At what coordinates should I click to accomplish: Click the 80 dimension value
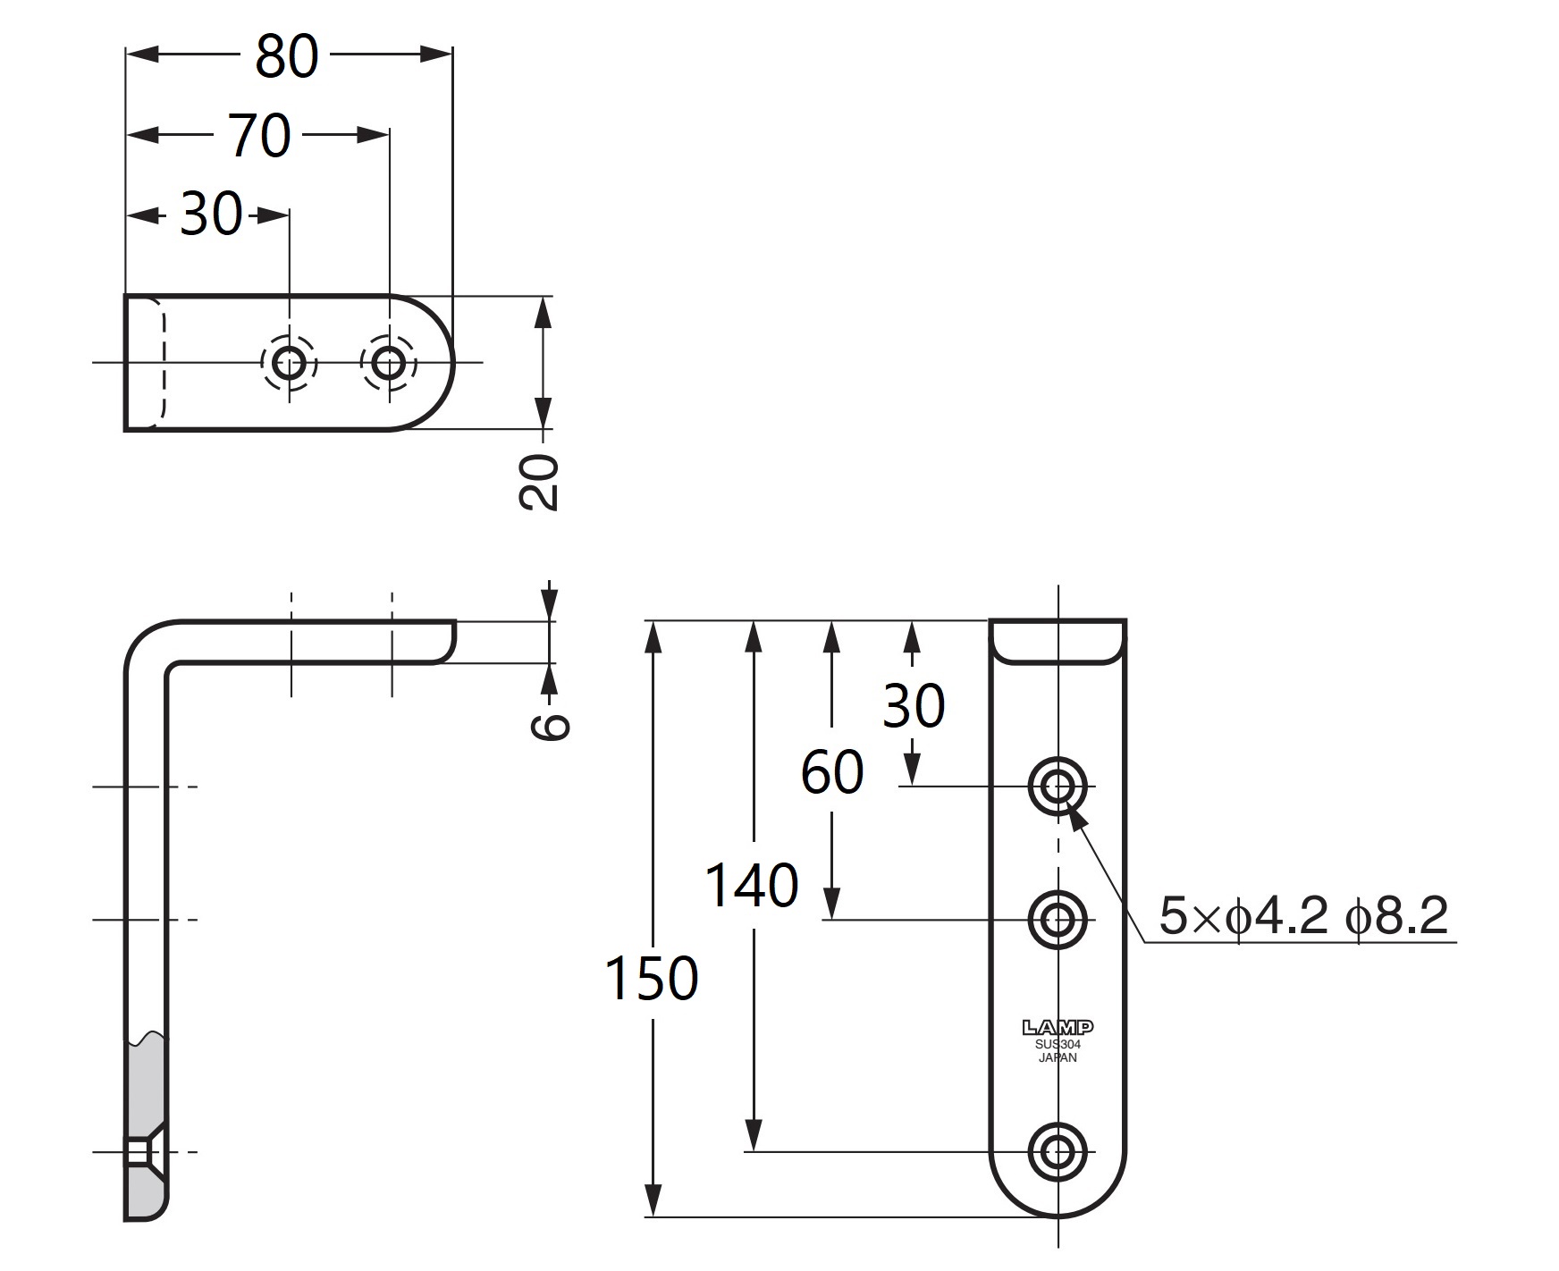tap(286, 56)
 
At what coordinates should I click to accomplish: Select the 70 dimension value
tap(259, 136)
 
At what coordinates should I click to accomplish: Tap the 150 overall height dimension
tap(651, 978)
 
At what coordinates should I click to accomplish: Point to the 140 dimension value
tap(751, 886)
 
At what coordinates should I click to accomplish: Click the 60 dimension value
tap(831, 772)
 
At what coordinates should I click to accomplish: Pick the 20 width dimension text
tap(539, 482)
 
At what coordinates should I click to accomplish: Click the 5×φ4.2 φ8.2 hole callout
tap(1302, 916)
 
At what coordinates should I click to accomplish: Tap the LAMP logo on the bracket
tap(1058, 1028)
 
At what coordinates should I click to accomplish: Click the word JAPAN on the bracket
tap(1058, 1058)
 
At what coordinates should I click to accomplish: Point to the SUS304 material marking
tap(1058, 1044)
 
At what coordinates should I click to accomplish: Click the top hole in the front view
tap(1058, 787)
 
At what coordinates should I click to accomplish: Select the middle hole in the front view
tap(1058, 918)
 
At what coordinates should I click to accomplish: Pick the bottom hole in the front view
tap(1058, 1151)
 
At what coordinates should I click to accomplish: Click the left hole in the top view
tap(289, 363)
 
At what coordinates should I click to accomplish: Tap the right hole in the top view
tap(389, 363)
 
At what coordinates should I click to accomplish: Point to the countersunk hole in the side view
tap(140, 1152)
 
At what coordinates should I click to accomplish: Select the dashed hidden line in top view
tap(164, 362)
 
